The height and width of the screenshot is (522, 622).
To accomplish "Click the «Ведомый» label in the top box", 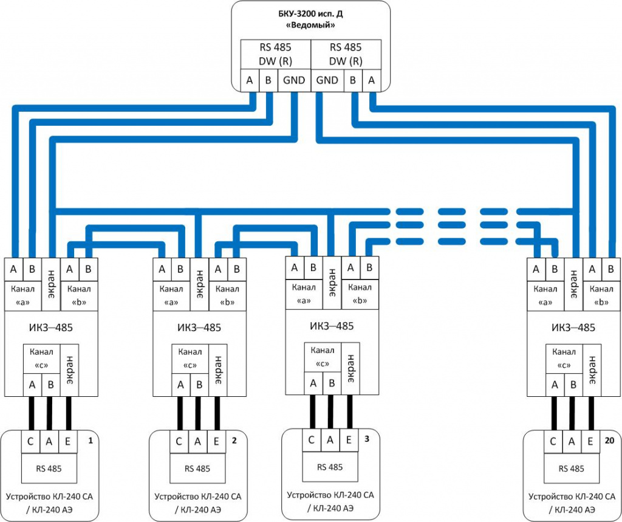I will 310,26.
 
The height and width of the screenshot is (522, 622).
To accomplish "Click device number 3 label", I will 366,438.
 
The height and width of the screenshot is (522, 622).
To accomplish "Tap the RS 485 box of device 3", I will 330,467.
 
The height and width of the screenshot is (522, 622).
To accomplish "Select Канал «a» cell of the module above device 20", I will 545,294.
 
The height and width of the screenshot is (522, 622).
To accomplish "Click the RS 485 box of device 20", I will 571,469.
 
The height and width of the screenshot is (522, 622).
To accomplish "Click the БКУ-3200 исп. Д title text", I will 310,13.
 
